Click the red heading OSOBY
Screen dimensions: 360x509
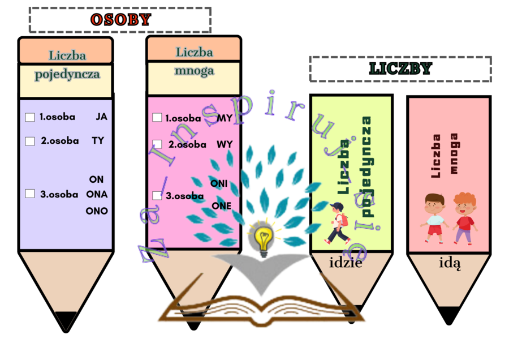[121, 20]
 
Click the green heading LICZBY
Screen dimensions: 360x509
[400, 69]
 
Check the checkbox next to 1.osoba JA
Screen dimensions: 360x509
[30, 117]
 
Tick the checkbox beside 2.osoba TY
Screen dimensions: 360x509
[30, 141]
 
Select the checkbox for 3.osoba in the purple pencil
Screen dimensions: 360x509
[30, 194]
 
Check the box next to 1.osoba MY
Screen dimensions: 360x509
[157, 118]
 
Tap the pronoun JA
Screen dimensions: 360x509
[101, 117]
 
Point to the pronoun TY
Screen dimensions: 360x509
[98, 141]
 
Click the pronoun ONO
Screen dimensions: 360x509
[96, 211]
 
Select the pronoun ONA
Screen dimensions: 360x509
[97, 194]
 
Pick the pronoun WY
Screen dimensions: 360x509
[225, 144]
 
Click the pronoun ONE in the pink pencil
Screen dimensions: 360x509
[221, 206]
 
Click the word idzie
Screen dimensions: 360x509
[345, 262]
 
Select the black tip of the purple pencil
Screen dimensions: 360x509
[66, 321]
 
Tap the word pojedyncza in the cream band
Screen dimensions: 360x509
[67, 74]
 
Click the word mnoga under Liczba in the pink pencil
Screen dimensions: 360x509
[194, 71]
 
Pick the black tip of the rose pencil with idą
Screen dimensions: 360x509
[449, 315]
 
